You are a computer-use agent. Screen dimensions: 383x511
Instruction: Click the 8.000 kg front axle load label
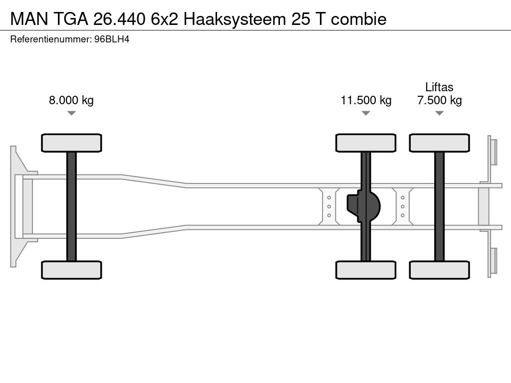[x=71, y=100]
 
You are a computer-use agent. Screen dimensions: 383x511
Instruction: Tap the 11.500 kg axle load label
[x=366, y=100]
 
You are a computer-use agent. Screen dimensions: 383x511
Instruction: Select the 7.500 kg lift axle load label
[x=439, y=100]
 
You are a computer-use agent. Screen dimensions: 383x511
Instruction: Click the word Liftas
[x=439, y=87]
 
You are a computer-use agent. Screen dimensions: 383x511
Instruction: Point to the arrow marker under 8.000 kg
[x=71, y=113]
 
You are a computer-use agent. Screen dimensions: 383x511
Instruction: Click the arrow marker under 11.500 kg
[x=366, y=113]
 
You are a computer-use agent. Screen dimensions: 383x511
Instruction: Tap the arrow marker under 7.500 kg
[x=439, y=113]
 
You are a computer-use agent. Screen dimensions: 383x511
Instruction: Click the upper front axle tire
[x=71, y=143]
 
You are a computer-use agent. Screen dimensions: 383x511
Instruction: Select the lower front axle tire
[x=71, y=270]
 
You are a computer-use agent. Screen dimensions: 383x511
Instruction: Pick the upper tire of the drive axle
[x=366, y=143]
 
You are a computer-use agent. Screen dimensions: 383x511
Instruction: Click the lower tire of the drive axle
[x=366, y=270]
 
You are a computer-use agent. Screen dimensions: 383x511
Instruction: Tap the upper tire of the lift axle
[x=439, y=143]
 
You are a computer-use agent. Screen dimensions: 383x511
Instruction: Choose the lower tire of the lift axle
[x=439, y=270]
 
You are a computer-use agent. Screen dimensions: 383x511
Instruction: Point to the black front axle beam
[x=71, y=206]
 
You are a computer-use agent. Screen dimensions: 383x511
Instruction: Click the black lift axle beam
[x=439, y=206]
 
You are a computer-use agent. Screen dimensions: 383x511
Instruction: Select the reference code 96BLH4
[x=112, y=39]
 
